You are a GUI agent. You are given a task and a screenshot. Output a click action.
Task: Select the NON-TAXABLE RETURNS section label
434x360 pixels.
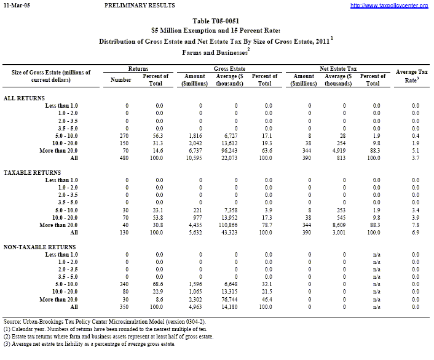click(x=36, y=247)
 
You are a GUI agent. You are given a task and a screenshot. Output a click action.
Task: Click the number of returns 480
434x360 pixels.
click(x=125, y=158)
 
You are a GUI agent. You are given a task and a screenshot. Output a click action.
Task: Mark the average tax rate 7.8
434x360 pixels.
click(x=415, y=225)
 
